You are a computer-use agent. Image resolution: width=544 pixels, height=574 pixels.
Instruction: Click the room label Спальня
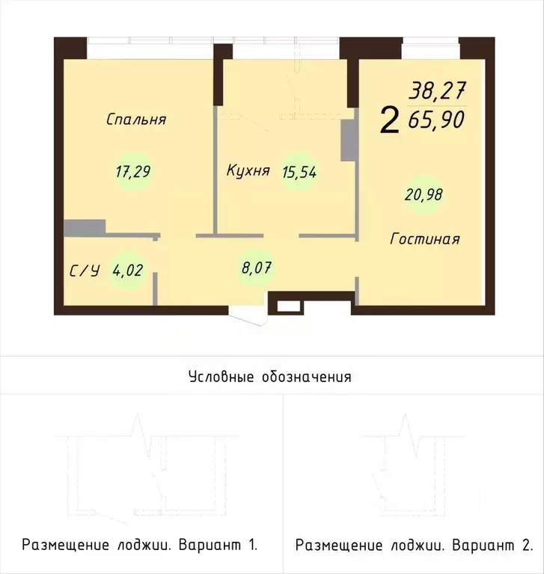coord(135,120)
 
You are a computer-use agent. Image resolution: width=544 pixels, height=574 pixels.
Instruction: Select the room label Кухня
coord(248,170)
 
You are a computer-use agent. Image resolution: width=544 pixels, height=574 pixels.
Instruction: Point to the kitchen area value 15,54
coord(299,171)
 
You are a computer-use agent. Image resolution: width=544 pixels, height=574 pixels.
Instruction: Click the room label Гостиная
coord(425,239)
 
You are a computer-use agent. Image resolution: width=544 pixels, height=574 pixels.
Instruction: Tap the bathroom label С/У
coord(84,271)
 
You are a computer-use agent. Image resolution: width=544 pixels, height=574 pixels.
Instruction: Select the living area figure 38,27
coord(436,92)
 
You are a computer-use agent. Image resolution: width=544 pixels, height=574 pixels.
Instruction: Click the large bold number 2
coord(389,120)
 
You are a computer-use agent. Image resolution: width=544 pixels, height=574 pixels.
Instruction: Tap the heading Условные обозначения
coord(270,376)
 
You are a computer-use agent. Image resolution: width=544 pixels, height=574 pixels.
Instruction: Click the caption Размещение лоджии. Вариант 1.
coord(140,545)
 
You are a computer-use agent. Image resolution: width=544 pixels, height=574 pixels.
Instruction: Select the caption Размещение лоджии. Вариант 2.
coord(414,545)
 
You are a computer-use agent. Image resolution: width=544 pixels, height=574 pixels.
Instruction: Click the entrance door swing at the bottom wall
coord(249,317)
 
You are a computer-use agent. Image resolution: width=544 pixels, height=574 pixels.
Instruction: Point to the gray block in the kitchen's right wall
coord(348,140)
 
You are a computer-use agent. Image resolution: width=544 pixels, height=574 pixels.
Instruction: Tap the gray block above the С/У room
coord(84,227)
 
